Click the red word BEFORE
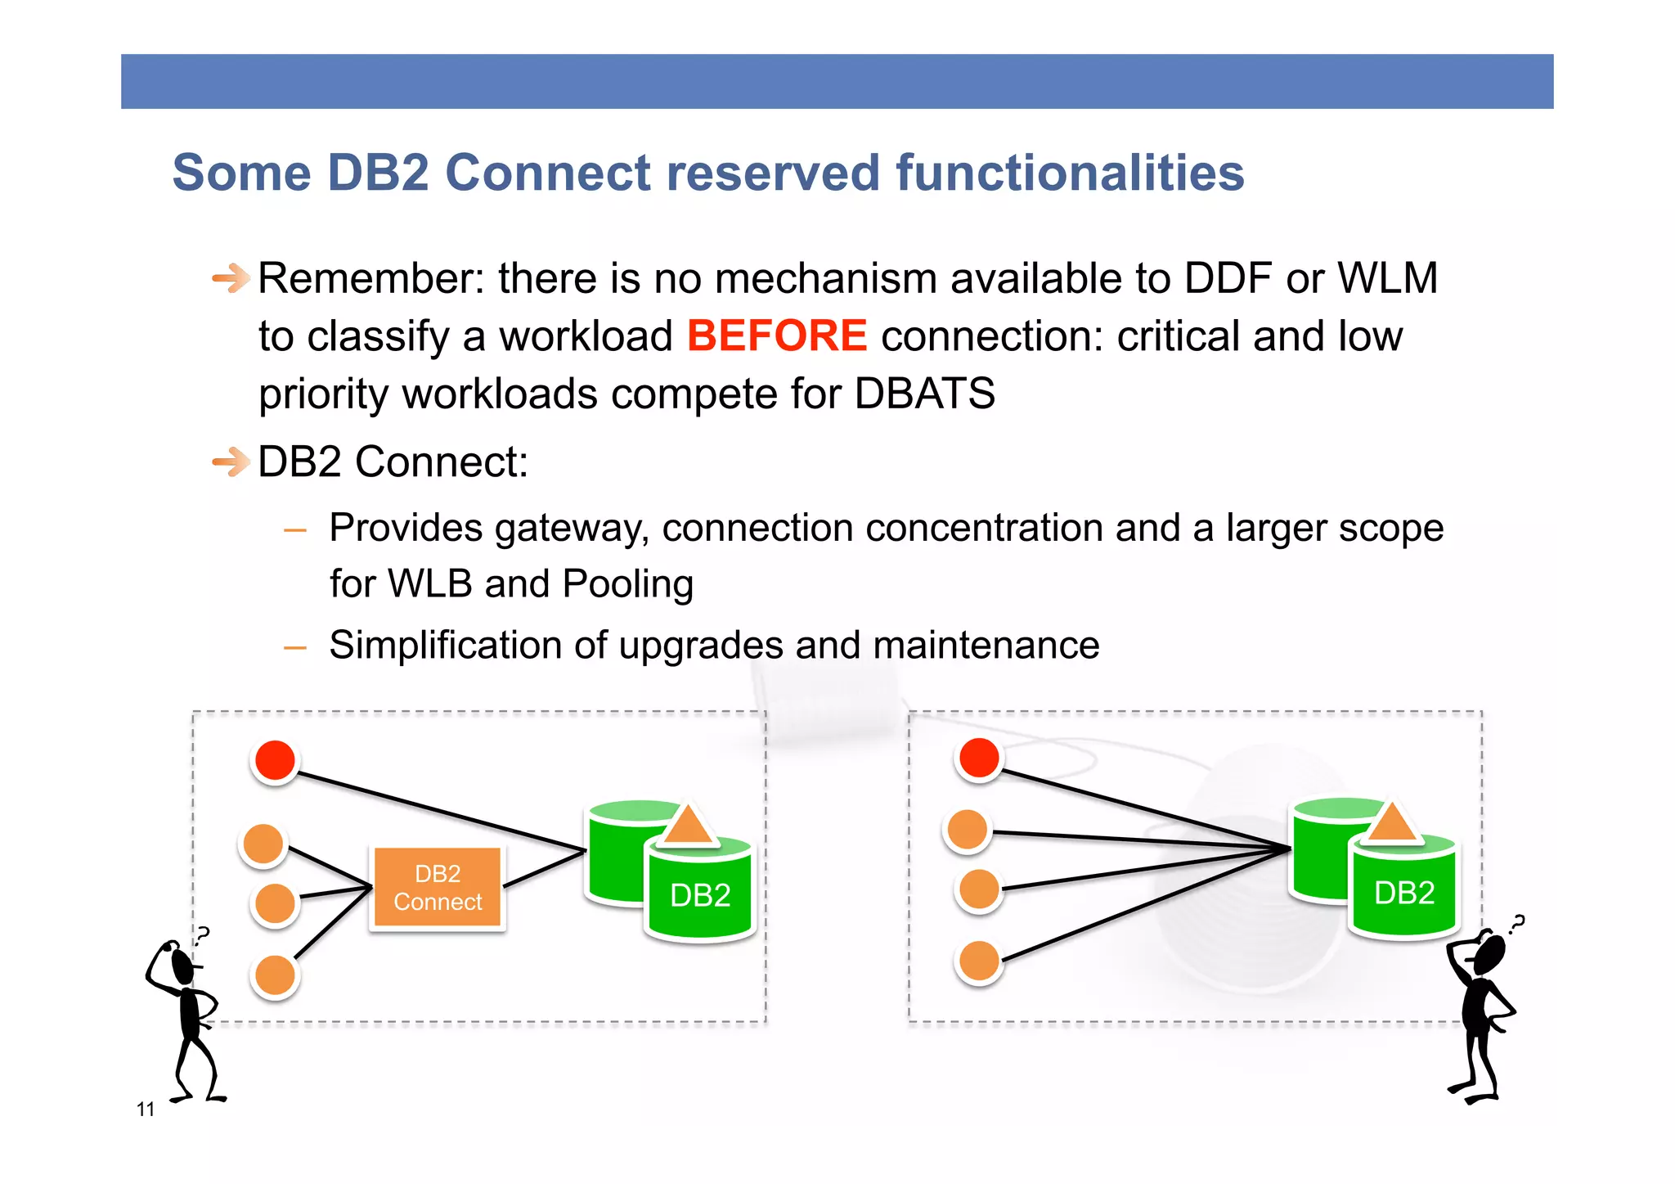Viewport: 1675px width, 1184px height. tap(776, 336)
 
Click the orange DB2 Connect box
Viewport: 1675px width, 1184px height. tap(438, 888)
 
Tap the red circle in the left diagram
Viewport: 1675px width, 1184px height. tap(275, 760)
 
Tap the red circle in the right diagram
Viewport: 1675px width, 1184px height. tap(979, 757)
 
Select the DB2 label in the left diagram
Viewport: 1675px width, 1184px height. tap(700, 895)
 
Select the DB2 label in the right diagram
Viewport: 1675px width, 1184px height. tap(1404, 893)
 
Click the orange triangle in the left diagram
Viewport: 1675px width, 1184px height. tap(688, 826)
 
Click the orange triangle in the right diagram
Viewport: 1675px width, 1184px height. tap(1392, 822)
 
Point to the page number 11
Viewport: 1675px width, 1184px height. tap(146, 1110)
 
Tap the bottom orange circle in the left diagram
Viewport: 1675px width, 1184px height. tap(275, 975)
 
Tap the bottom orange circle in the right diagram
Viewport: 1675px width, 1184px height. tap(979, 961)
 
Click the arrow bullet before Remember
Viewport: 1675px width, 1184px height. tap(231, 279)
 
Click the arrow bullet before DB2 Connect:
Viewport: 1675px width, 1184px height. tap(231, 462)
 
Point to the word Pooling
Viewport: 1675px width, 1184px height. tap(627, 584)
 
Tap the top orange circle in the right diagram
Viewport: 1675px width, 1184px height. tap(968, 830)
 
